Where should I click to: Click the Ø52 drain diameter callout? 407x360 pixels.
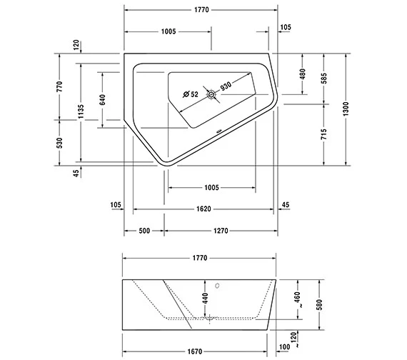coord(190,94)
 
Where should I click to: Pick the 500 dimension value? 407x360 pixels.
coord(144,231)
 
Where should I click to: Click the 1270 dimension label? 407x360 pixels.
coord(220,231)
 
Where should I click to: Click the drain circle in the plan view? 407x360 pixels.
coord(211,94)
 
